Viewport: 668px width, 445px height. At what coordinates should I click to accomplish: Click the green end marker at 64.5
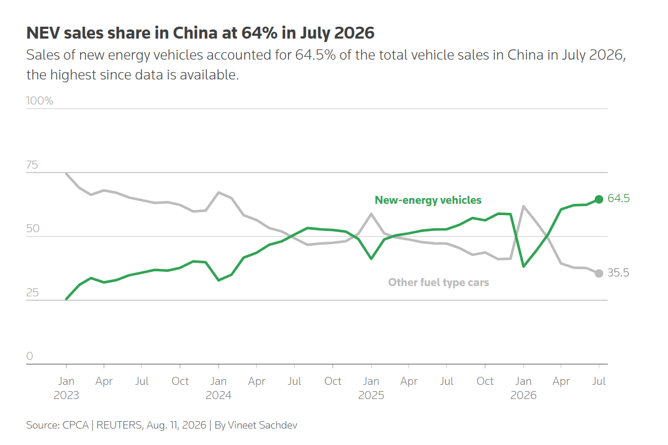[x=599, y=199]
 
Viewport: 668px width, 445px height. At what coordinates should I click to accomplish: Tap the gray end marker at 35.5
[x=599, y=274]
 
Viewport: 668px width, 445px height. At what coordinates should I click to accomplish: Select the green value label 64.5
[x=618, y=199]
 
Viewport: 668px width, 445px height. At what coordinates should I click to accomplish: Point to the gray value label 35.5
[x=618, y=273]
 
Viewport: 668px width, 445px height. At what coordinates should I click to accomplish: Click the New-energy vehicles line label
[x=428, y=200]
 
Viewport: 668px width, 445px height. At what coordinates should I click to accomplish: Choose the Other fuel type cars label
[x=439, y=282]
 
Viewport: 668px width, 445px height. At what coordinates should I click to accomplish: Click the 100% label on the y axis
[x=40, y=101]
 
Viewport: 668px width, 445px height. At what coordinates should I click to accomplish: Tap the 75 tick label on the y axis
[x=32, y=165]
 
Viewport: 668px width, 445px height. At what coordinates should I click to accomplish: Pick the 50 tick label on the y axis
[x=33, y=229]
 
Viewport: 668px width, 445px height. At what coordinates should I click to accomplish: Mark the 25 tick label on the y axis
[x=32, y=292]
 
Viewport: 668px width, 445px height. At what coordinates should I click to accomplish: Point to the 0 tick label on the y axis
[x=30, y=356]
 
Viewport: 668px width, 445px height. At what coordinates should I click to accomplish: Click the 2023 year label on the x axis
[x=66, y=395]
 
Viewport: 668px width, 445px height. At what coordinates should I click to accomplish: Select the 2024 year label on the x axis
[x=219, y=395]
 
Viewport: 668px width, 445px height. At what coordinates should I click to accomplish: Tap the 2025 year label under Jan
[x=371, y=395]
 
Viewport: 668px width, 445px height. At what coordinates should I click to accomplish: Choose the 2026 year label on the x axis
[x=523, y=395]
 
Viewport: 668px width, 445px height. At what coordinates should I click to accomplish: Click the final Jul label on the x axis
[x=599, y=381]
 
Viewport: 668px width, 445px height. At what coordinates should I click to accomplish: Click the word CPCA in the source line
[x=76, y=425]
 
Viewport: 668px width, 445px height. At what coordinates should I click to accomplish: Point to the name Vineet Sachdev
[x=262, y=425]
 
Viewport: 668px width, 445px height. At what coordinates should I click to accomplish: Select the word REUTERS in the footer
[x=119, y=425]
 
